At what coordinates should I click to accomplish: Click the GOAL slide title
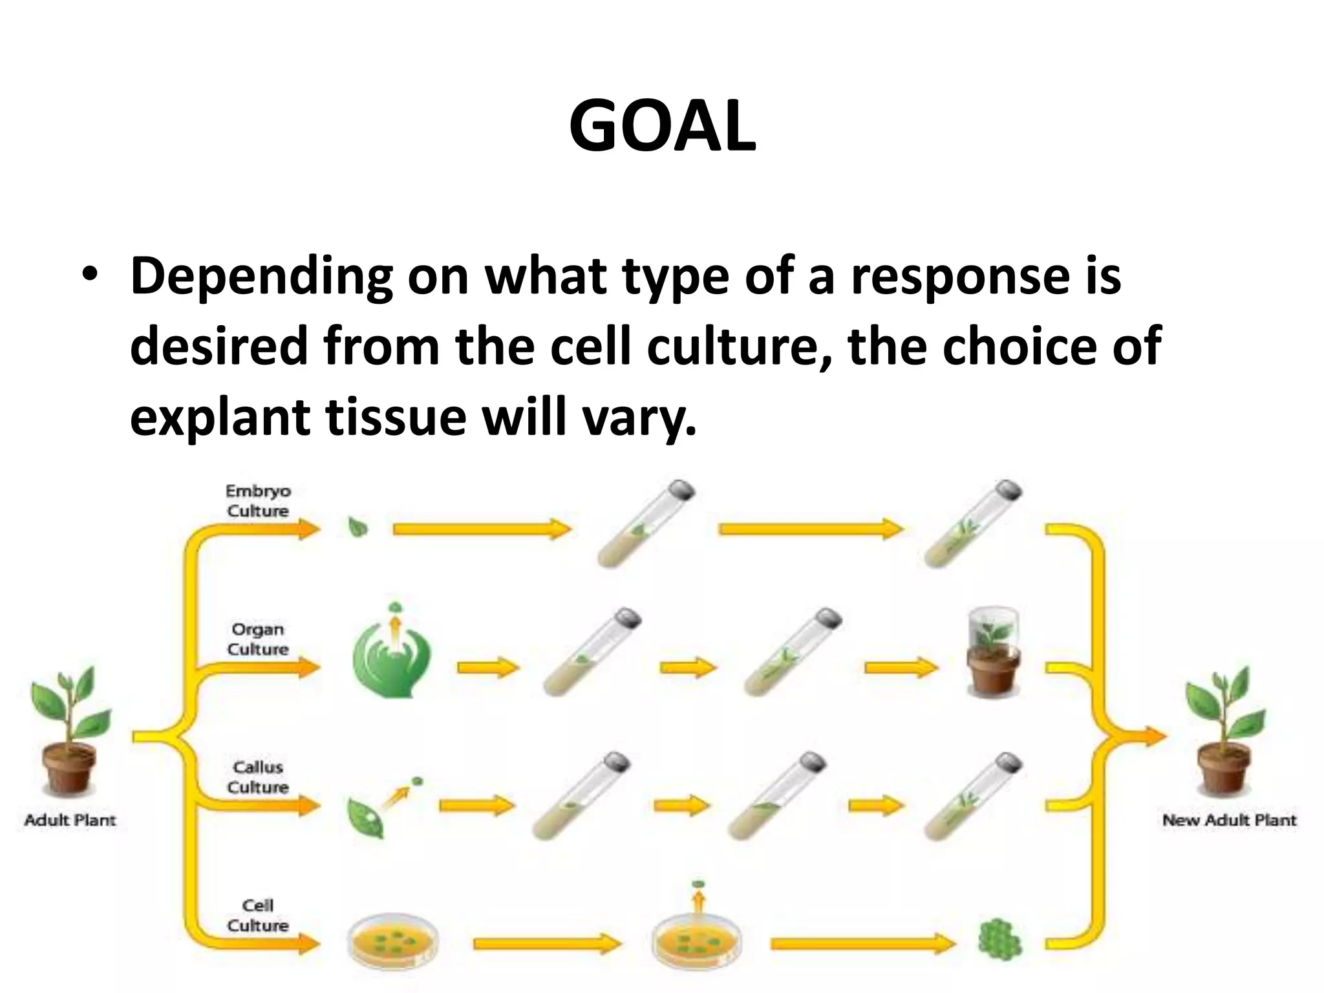pos(662,127)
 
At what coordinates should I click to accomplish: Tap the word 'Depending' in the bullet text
pos(262,277)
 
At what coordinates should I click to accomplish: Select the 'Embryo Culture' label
pos(258,500)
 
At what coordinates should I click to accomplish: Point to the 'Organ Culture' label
pos(258,639)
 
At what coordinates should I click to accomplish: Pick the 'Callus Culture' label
pos(258,776)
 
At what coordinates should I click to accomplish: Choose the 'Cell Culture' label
pos(258,915)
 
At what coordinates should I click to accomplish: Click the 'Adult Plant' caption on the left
pos(70,820)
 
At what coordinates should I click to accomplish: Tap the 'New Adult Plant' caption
pos(1229,820)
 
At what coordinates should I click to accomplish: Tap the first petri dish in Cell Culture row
pos(392,943)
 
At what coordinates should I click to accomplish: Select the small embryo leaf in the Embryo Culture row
pos(358,528)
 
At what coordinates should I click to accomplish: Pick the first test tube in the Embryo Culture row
pos(645,524)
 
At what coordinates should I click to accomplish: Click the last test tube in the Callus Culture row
pos(973,796)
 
